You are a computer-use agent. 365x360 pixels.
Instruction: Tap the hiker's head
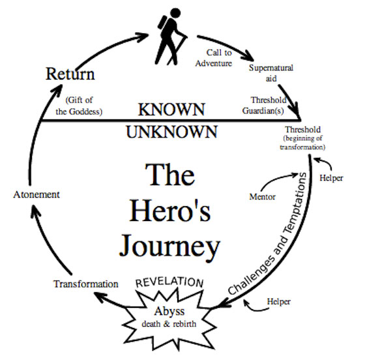tap(175, 13)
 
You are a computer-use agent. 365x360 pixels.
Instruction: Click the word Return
tap(70, 74)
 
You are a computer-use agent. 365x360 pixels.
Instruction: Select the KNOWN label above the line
tap(171, 109)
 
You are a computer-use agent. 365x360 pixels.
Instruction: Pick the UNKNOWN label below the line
tap(172, 132)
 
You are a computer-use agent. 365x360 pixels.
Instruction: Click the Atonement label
tap(36, 194)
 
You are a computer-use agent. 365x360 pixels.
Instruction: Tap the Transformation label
tap(86, 284)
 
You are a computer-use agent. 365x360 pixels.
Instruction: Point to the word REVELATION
tap(169, 282)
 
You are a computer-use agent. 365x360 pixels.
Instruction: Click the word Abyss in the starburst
tap(169, 311)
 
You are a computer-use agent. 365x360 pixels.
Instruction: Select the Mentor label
tap(262, 197)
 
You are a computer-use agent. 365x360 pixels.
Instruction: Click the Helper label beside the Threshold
tap(331, 178)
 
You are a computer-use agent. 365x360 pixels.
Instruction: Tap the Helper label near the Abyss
tap(279, 301)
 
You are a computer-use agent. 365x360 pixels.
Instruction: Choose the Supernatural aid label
tap(271, 73)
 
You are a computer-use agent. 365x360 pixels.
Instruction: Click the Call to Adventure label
tap(214, 58)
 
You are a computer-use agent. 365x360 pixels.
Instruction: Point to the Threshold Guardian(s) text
tap(265, 105)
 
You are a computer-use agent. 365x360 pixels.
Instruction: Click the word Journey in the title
tap(169, 247)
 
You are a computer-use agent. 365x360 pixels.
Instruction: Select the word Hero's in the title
tap(170, 211)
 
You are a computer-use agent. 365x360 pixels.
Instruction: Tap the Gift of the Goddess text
tap(79, 106)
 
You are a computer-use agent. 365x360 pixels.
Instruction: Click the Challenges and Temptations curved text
tap(268, 233)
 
